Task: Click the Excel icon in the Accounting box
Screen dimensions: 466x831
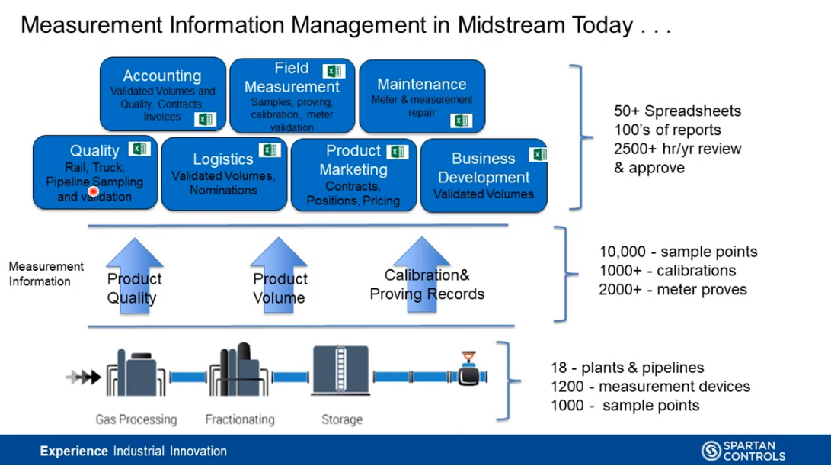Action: (205, 119)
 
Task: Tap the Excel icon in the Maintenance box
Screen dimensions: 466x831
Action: (461, 121)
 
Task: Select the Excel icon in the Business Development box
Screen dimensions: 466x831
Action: (539, 155)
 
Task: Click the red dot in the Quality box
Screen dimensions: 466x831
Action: (94, 191)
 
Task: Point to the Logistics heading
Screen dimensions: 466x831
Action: (223, 159)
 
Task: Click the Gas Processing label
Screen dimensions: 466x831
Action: (136, 419)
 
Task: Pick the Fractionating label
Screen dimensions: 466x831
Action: (239, 419)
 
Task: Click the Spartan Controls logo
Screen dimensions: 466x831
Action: (743, 451)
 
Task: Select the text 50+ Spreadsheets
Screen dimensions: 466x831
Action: (678, 111)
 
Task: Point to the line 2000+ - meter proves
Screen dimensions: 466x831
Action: (673, 289)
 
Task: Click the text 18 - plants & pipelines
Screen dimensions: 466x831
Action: (627, 368)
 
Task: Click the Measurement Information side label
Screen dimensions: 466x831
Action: (46, 274)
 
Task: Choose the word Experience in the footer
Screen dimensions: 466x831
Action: (75, 451)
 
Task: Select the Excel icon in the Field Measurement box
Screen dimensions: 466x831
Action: (333, 71)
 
